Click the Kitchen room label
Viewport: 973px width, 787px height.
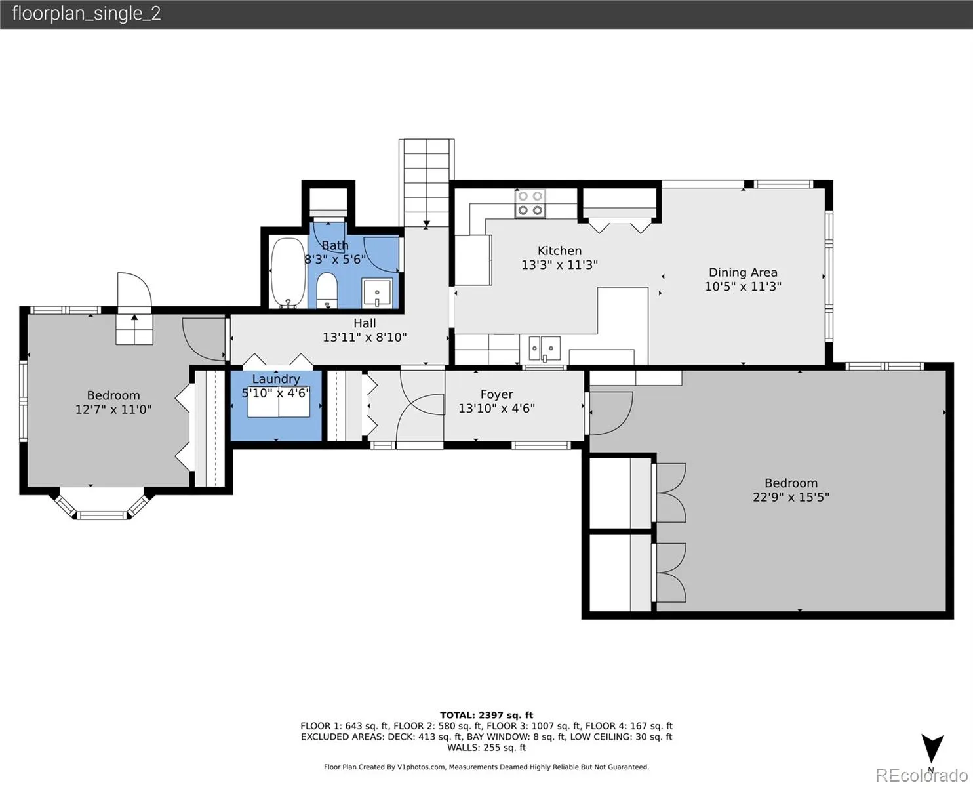(559, 251)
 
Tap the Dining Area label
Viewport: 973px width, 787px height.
(743, 273)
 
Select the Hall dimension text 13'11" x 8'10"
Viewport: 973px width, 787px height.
(365, 338)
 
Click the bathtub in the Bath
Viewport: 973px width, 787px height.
(288, 272)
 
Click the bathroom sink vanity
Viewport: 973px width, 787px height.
(377, 293)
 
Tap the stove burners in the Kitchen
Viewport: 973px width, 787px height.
(530, 204)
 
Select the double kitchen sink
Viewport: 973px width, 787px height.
(544, 349)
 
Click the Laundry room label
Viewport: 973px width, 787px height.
(276, 379)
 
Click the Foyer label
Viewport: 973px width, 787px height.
(496, 394)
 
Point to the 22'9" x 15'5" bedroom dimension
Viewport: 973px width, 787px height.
(791, 497)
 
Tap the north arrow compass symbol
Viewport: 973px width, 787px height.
(932, 748)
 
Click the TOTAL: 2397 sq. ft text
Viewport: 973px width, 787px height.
(486, 716)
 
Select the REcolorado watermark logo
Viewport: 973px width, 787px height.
(921, 775)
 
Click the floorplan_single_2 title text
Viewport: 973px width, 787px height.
(87, 14)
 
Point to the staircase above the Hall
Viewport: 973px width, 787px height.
(427, 183)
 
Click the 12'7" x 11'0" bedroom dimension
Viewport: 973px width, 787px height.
(113, 409)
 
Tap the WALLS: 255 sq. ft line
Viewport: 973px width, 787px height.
(486, 748)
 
